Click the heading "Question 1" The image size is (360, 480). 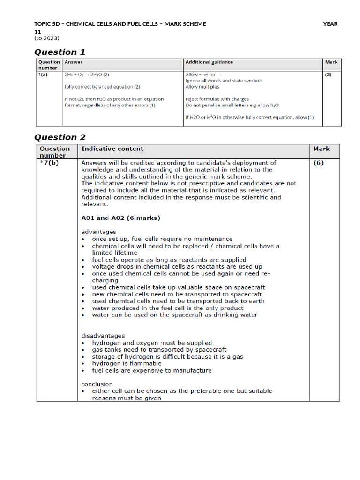[60, 52]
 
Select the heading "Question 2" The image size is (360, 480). [60, 137]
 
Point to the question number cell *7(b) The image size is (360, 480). [50, 163]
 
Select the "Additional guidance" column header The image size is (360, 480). [209, 62]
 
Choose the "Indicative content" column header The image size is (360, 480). [112, 149]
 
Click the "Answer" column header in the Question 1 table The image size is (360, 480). [74, 62]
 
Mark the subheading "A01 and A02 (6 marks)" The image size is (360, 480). [120, 218]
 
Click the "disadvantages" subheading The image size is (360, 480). [103, 336]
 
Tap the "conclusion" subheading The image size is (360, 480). [97, 384]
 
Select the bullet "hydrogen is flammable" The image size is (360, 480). [127, 363]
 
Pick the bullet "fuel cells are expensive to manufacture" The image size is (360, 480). [151, 370]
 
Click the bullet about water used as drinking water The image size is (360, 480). [174, 315]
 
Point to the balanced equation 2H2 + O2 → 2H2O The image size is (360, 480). [87, 75]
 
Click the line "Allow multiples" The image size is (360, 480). [202, 87]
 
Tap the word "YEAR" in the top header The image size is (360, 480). [330, 24]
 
